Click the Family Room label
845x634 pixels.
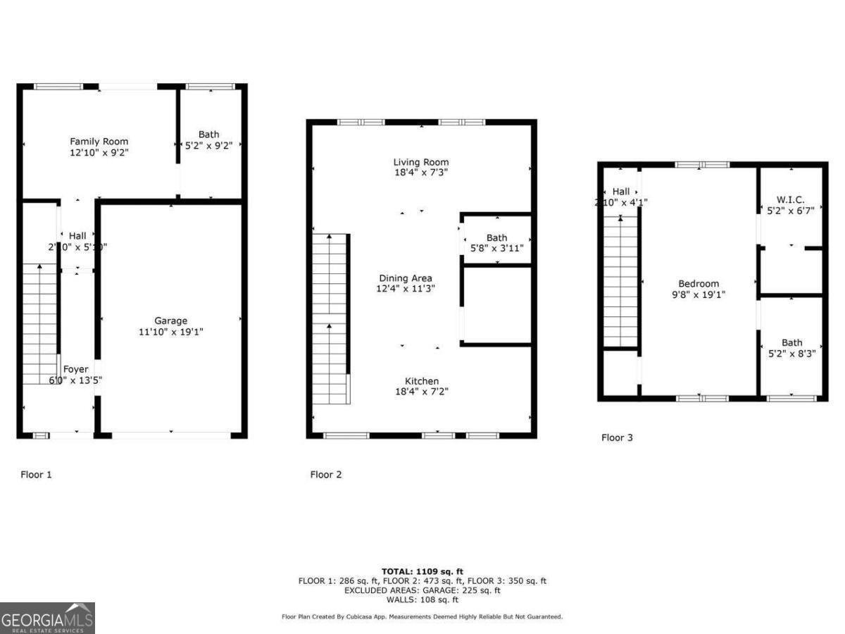99,142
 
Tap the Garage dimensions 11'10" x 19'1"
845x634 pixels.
171,332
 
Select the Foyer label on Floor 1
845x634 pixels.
76,369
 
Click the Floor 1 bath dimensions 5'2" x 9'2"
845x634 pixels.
208,145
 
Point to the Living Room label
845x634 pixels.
420,163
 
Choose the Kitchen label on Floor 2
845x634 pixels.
421,381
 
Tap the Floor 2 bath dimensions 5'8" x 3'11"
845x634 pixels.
496,249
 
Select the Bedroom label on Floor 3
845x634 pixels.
698,284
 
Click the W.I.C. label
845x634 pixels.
791,199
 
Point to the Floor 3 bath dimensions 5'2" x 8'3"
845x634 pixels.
791,354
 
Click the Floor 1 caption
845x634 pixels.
36,475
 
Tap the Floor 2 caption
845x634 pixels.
326,475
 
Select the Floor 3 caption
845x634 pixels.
617,437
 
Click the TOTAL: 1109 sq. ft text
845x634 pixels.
423,571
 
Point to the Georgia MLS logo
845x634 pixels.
47,618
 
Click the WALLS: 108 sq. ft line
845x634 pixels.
423,600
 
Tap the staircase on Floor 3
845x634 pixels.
620,282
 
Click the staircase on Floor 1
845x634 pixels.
39,324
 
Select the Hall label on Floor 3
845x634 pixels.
620,192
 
